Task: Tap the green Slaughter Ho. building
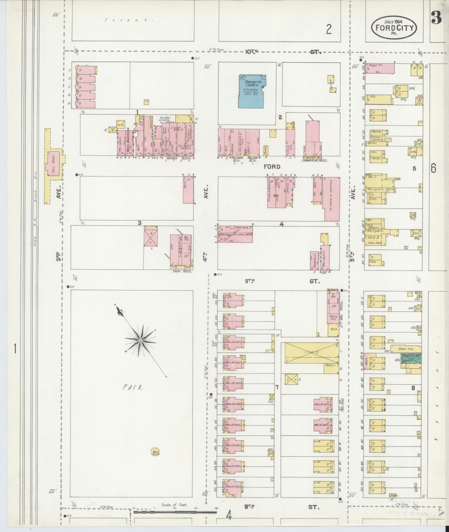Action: coord(411,358)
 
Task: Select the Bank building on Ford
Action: coord(188,190)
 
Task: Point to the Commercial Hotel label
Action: coord(315,160)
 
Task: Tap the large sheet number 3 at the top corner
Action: coord(436,17)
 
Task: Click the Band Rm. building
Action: coord(406,349)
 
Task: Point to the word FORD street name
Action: coord(272,167)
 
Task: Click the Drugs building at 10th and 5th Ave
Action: coord(380,68)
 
